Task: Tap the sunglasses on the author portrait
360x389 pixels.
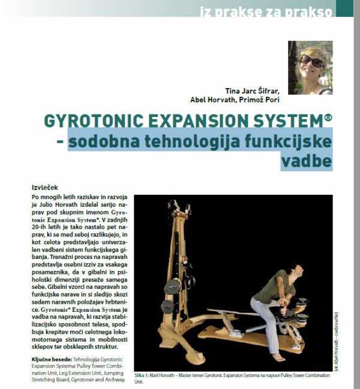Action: pyautogui.click(x=313, y=60)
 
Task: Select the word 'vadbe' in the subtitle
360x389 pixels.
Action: pyautogui.click(x=309, y=162)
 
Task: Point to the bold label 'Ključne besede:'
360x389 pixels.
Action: pyautogui.click(x=50, y=357)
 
